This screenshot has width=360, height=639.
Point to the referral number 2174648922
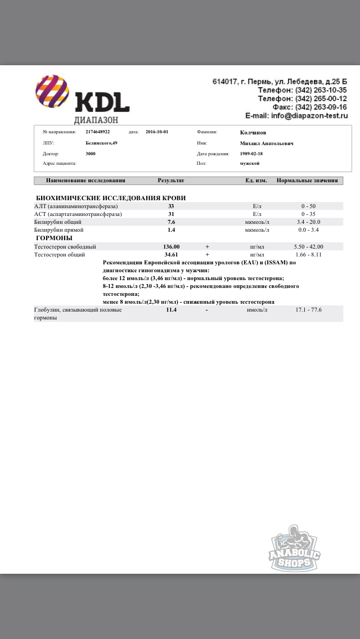pos(98,132)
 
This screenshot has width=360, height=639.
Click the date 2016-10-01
pos(156,132)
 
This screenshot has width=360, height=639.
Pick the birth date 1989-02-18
pos(251,153)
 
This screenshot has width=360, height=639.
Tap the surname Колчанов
pos(253,132)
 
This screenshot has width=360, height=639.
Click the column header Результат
pos(171,181)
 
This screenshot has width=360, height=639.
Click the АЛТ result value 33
pos(171,206)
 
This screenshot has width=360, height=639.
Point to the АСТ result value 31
pos(171,214)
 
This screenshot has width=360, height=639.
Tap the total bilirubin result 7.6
pos(171,222)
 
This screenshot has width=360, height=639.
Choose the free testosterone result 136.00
pos(171,246)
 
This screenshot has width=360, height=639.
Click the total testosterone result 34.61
pos(171,254)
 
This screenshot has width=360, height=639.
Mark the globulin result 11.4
pos(171,310)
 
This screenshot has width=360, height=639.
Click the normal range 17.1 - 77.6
pos(308,310)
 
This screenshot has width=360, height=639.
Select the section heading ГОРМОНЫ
pos(54,238)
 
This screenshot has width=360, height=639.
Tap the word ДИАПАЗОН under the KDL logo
pos(97,120)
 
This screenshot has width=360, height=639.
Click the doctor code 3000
pos(91,153)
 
